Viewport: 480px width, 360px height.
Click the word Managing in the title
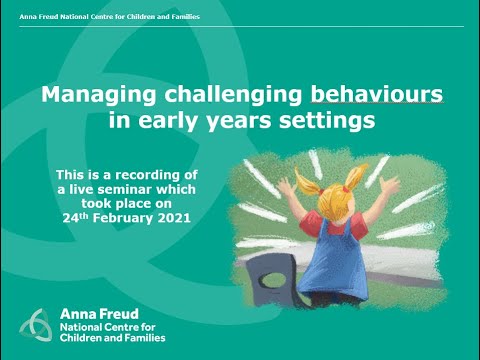(87, 97)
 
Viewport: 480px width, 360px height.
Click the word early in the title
(187, 122)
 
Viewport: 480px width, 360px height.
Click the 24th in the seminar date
(65, 216)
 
